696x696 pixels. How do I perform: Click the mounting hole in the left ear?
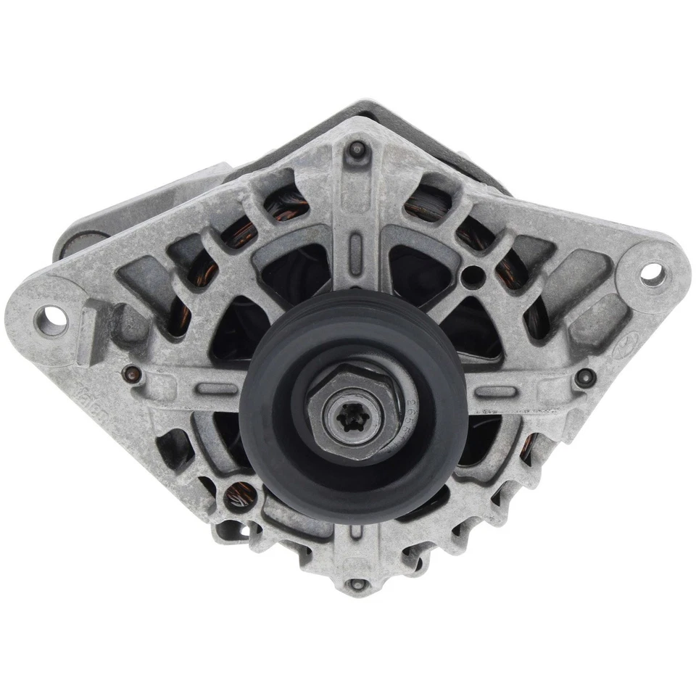coord(53,318)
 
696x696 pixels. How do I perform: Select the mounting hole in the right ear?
coord(652,273)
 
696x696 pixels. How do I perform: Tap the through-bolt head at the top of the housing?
coord(357,150)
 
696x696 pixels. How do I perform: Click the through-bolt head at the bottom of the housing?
coord(354,584)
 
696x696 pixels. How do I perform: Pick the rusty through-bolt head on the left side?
coord(131,374)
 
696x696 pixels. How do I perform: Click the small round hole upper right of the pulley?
coord(473,275)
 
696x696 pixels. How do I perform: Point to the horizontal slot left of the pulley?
coord(217,389)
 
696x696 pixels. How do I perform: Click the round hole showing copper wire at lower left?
coord(236,497)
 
